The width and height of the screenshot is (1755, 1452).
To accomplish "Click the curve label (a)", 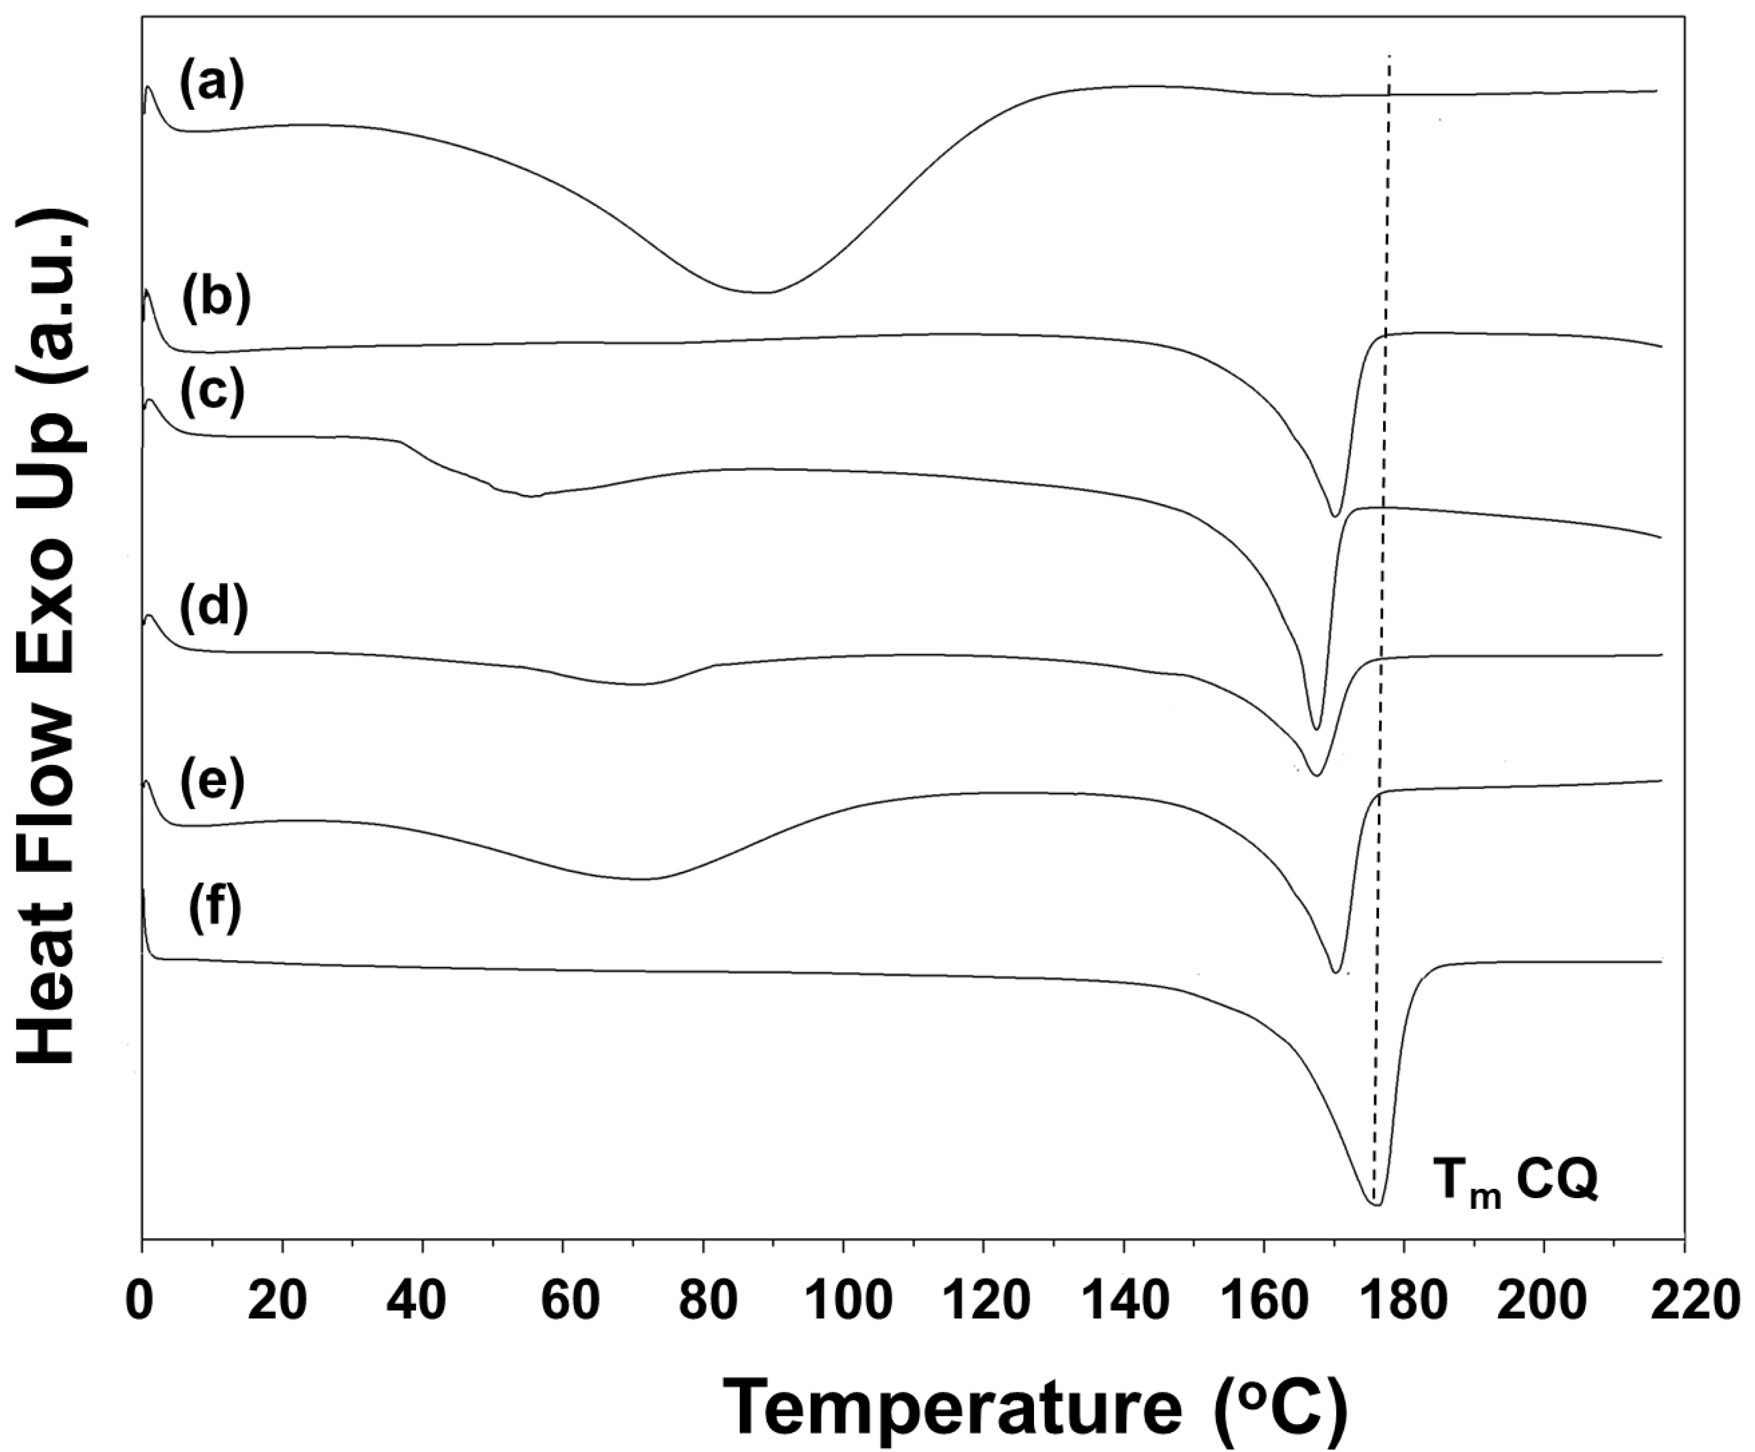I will point(211,85).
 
